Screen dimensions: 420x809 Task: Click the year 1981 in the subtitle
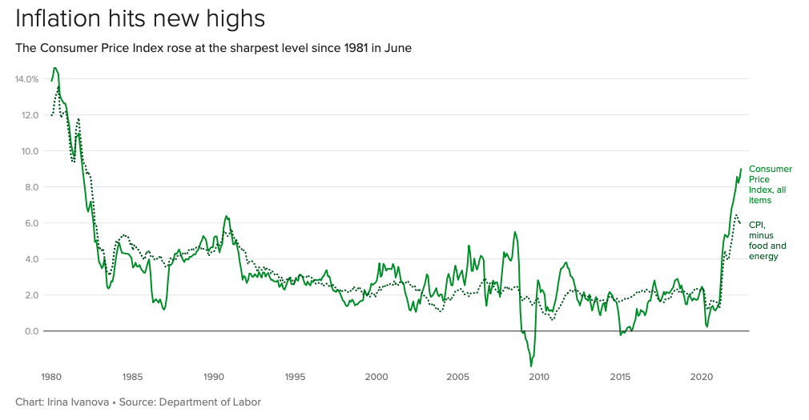click(x=344, y=48)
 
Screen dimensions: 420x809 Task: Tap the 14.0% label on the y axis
click(x=26, y=79)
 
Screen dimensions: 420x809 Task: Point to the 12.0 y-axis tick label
click(x=29, y=115)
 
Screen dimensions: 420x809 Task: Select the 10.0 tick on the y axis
click(x=29, y=151)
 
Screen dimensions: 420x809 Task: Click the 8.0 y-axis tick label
click(x=31, y=187)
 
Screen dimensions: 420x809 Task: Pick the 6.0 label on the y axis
click(x=31, y=223)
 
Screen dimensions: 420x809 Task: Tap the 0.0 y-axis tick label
click(x=31, y=331)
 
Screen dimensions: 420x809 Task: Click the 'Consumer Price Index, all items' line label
click(x=770, y=184)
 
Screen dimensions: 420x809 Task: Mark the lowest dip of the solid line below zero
click(x=530, y=366)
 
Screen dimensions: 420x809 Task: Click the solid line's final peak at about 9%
click(x=741, y=169)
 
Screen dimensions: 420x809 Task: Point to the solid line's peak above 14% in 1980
click(x=54, y=68)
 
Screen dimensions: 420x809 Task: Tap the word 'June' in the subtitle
click(x=398, y=48)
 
